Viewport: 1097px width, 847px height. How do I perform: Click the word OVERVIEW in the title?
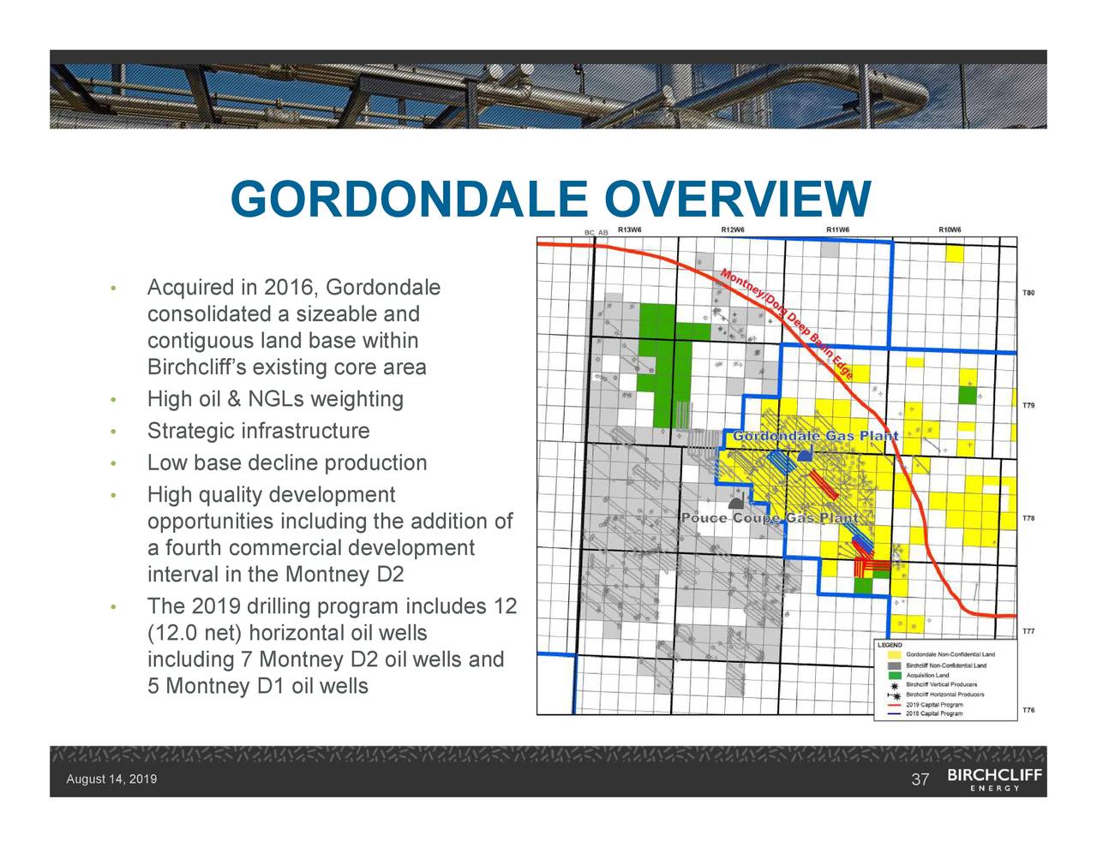click(736, 200)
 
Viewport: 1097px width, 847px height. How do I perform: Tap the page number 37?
click(920, 779)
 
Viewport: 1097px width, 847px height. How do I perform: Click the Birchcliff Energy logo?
click(995, 779)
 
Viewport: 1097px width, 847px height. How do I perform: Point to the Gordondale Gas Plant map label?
click(814, 437)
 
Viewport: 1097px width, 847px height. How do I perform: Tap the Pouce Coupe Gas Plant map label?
click(770, 519)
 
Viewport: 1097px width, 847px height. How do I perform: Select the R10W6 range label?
click(950, 230)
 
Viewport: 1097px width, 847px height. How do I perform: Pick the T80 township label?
click(1028, 293)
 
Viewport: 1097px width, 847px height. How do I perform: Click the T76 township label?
click(1028, 710)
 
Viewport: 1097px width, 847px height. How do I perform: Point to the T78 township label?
click(1028, 518)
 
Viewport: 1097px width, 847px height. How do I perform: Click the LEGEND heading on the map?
click(890, 645)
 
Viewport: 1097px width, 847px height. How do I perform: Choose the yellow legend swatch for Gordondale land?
click(895, 654)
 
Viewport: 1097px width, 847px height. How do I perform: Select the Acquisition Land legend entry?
click(927, 675)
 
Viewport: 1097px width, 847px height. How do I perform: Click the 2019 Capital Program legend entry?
click(933, 705)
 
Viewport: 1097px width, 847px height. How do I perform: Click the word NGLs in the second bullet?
click(276, 399)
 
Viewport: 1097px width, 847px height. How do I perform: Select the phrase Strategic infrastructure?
click(258, 431)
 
